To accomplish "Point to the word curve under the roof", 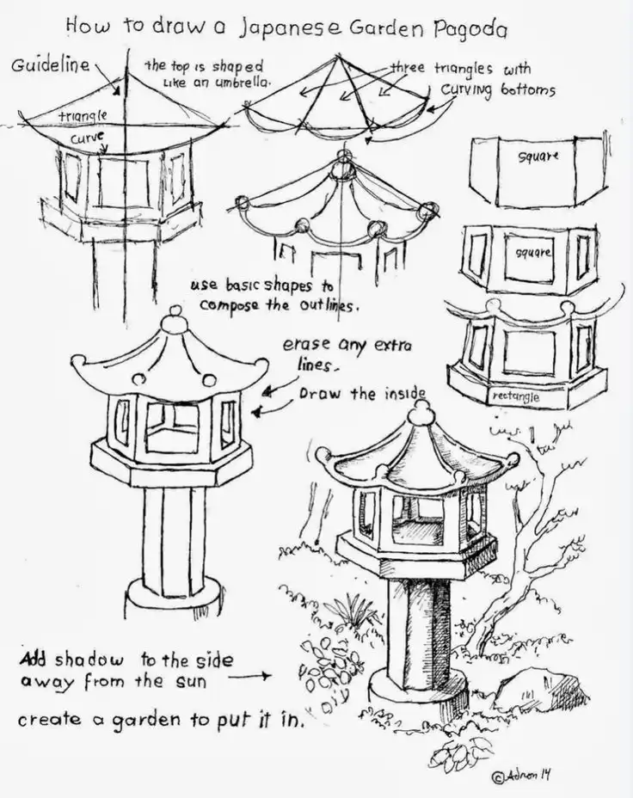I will (x=88, y=137).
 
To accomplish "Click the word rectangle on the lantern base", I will (x=514, y=396).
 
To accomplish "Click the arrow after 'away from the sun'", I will (x=251, y=677).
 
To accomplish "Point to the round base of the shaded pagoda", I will (x=417, y=685).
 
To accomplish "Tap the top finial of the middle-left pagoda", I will (x=175, y=321).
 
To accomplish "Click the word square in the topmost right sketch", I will (x=538, y=157).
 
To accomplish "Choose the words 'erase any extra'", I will (x=347, y=346).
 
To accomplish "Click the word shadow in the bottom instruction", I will (x=91, y=660).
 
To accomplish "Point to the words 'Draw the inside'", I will (x=362, y=394).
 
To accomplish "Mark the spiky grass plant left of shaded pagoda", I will (x=352, y=612).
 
